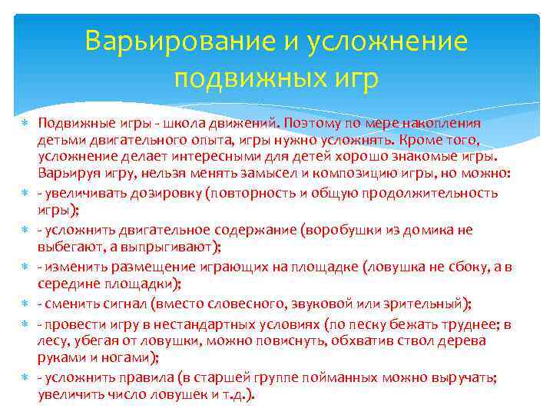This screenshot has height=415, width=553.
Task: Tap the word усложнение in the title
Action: coord(386,41)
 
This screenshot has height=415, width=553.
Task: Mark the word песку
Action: coord(356,324)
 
